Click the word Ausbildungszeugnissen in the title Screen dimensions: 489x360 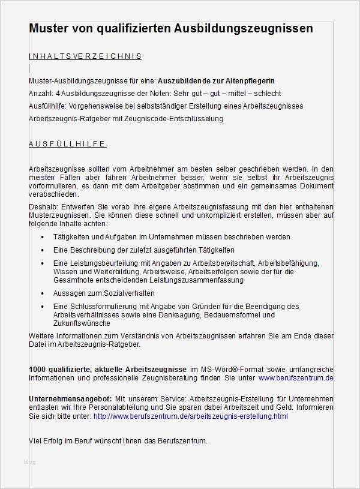point(244,29)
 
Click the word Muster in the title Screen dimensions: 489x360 point(50,29)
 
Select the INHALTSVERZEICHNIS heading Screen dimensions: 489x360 point(85,56)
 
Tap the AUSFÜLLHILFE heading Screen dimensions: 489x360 point(67,144)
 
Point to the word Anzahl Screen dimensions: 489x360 point(40,94)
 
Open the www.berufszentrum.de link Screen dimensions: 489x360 point(295,379)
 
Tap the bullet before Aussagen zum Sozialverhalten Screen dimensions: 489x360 point(42,293)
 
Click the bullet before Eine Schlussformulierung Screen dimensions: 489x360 point(42,307)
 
